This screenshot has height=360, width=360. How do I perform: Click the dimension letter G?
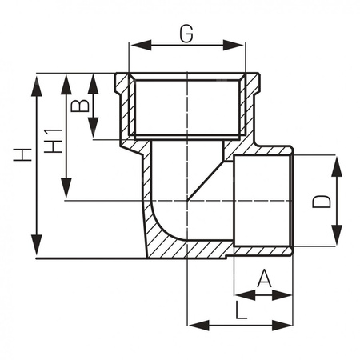click(x=186, y=34)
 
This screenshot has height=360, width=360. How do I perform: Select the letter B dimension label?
click(x=78, y=106)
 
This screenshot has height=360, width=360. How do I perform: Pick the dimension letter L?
click(x=242, y=308)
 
